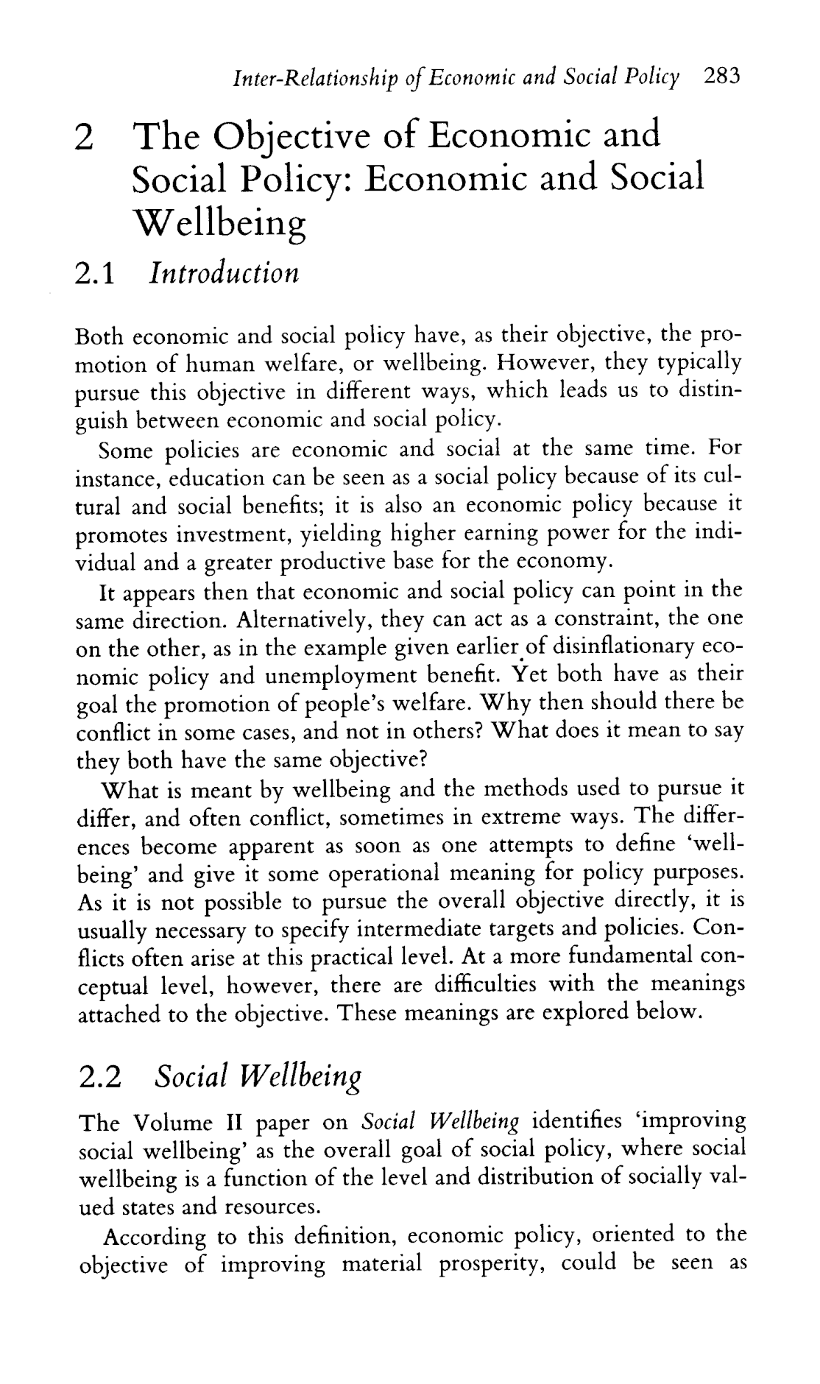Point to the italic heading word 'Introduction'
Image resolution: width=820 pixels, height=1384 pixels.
tap(225, 273)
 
